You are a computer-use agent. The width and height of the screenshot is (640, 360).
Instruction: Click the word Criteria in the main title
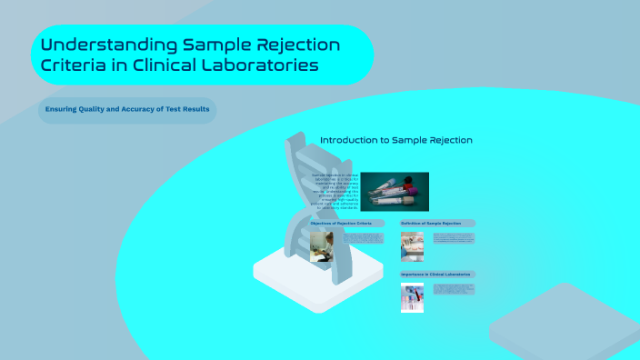click(74, 66)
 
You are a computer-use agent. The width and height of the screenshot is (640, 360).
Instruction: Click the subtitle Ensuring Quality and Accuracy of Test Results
click(127, 110)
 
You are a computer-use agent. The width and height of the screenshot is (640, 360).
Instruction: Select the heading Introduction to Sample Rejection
click(395, 140)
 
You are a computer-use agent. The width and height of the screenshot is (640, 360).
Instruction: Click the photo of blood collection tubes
click(395, 192)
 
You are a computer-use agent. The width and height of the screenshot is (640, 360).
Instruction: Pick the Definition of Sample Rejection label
click(437, 223)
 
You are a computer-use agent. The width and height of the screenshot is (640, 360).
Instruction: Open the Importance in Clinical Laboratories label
click(437, 274)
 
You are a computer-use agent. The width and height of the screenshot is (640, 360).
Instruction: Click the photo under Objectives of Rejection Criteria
click(321, 246)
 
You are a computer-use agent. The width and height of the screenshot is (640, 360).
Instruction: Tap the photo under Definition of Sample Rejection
click(412, 246)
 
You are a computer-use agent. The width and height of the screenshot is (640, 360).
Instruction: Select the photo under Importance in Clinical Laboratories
click(412, 297)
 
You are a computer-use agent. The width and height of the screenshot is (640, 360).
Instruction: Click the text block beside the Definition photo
click(453, 239)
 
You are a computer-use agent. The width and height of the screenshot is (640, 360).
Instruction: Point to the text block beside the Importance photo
click(453, 290)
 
